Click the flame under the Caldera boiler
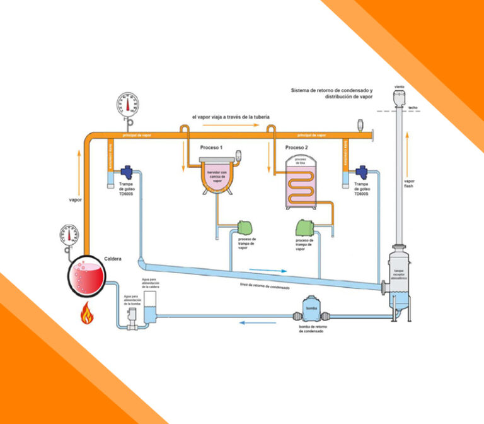tap(84, 312)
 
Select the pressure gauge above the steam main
tap(130, 105)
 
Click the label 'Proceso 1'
tap(212, 147)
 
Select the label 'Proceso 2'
tap(296, 147)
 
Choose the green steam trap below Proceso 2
tap(304, 226)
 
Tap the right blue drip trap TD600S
tap(362, 172)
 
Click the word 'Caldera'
tap(113, 259)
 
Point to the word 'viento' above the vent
tap(399, 86)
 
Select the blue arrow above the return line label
tap(268, 271)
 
